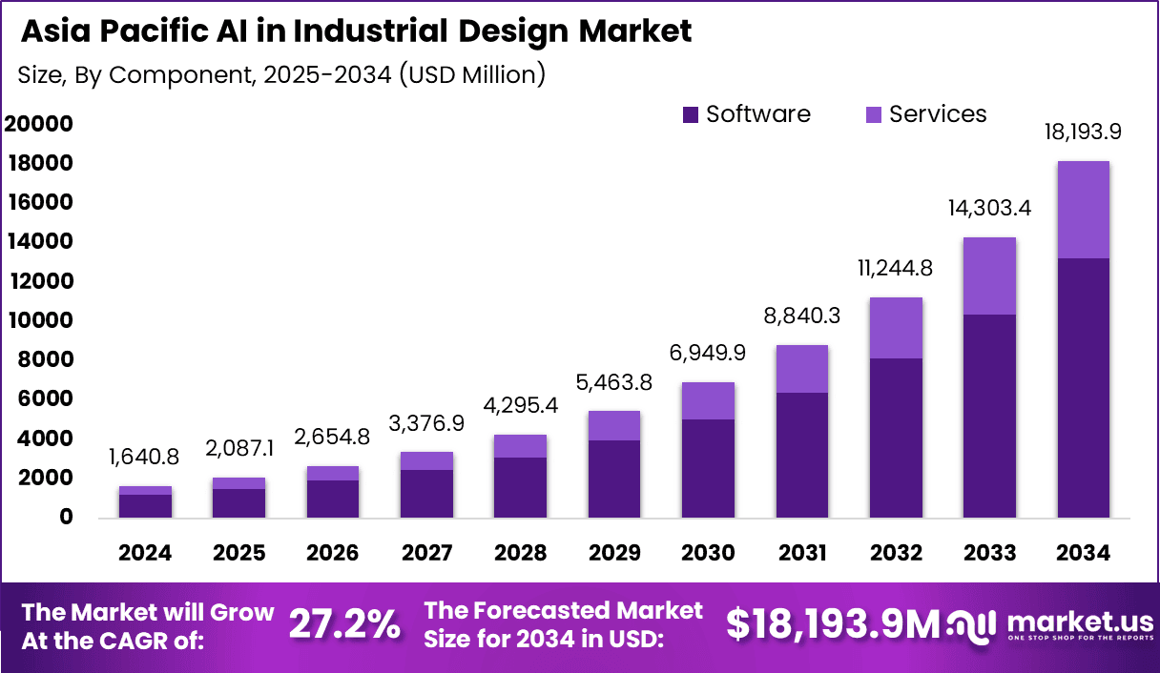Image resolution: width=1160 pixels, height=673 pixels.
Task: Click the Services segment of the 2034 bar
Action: pos(1083,210)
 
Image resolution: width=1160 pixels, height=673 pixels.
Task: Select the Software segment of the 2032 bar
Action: pos(896,438)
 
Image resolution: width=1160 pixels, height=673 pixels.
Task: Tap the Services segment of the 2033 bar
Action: pos(989,275)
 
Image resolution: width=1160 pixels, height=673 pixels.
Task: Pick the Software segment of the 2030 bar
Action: pos(708,468)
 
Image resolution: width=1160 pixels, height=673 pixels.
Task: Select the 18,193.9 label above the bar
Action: pos(1083,133)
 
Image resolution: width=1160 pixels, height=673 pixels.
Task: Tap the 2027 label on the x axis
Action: pos(426,553)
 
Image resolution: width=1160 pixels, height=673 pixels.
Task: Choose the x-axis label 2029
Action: pos(613,553)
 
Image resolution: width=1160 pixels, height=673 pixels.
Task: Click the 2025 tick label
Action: pos(238,553)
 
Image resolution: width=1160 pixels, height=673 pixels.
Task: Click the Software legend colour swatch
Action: pos(691,115)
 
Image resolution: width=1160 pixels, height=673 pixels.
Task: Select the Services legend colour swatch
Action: pos(874,115)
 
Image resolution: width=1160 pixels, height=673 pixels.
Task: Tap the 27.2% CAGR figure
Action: pos(344,624)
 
